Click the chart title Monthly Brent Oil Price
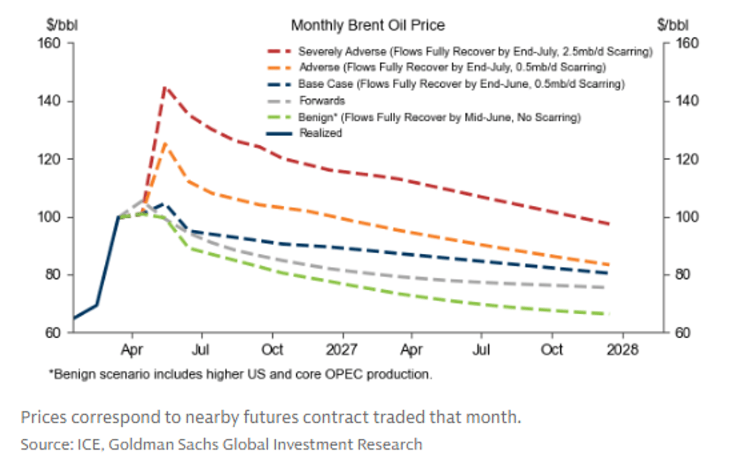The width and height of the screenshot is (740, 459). pos(368,25)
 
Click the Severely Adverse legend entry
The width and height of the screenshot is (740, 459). pos(475,51)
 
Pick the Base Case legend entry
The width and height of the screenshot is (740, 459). pos(461,83)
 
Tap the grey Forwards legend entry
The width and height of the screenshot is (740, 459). pos(321,100)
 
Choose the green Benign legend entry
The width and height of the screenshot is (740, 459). pos(440,116)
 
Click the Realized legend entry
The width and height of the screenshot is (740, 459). pos(320,132)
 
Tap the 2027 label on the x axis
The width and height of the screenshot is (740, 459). pos(342,349)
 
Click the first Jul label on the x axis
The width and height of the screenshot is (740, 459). pos(201,349)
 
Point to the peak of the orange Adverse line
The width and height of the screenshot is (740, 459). pos(164,143)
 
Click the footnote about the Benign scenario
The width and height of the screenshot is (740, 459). pos(240,374)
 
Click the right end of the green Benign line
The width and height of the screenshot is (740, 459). pos(608,314)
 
